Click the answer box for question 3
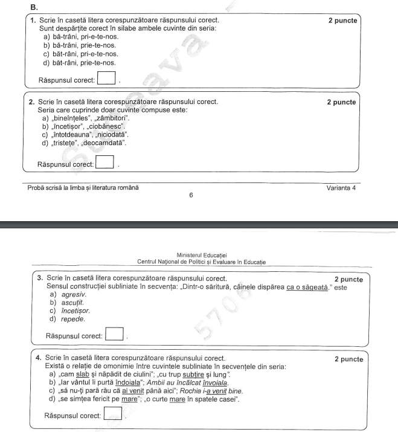click(115, 333)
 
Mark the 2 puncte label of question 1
click(342, 20)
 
